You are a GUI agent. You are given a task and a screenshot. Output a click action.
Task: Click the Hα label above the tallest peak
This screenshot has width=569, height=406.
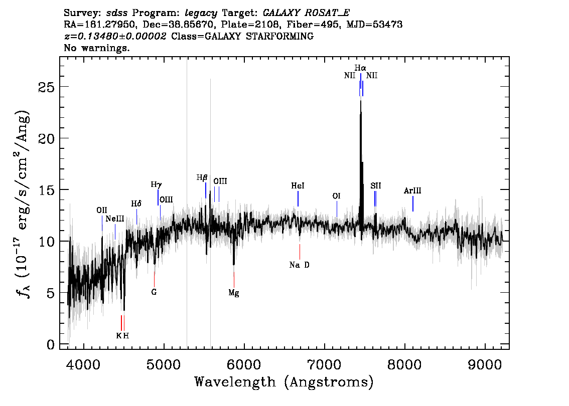(360, 68)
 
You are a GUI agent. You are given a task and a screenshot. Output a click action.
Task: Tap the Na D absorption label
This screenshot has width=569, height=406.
(300, 265)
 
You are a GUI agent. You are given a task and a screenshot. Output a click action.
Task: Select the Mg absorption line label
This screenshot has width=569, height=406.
(234, 293)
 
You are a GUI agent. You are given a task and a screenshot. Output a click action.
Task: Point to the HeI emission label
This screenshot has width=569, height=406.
(298, 185)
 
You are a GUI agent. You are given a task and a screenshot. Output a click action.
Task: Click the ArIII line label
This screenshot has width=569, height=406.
(412, 190)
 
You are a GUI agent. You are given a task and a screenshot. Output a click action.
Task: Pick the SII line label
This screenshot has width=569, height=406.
(376, 185)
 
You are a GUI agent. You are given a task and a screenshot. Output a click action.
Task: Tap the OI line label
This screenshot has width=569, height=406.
(336, 196)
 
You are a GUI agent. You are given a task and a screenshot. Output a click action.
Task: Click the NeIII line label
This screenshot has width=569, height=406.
(115, 219)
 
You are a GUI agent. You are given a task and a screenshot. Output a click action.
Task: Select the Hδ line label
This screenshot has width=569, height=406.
(136, 204)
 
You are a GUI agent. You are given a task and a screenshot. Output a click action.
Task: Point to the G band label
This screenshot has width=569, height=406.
(154, 292)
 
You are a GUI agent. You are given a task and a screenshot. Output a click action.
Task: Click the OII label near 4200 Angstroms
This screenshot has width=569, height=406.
(101, 210)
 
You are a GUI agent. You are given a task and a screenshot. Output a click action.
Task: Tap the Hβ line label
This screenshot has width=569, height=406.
(202, 177)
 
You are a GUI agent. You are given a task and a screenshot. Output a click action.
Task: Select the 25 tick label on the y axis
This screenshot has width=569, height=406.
(47, 87)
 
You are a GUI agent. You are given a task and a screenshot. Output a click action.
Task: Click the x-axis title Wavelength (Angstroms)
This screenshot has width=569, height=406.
(284, 382)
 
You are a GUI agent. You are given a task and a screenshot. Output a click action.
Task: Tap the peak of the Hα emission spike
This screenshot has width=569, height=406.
(360, 101)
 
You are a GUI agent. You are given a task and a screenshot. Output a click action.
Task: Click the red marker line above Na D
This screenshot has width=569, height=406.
(300, 252)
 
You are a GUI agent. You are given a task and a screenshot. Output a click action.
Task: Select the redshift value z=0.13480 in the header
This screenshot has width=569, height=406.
(115, 36)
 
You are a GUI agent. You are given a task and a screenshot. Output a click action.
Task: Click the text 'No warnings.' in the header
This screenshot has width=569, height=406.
(96, 48)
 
